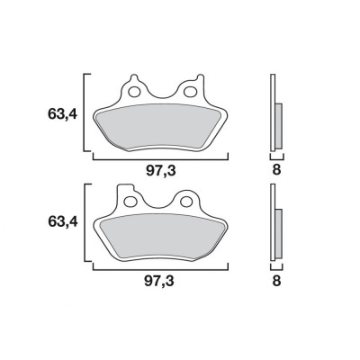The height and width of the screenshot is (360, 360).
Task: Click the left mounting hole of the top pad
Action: [x=136, y=91]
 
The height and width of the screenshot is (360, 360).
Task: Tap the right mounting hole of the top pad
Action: [x=191, y=91]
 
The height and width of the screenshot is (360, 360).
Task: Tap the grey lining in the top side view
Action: [x=277, y=125]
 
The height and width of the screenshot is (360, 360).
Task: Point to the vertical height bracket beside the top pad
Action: [x=85, y=113]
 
